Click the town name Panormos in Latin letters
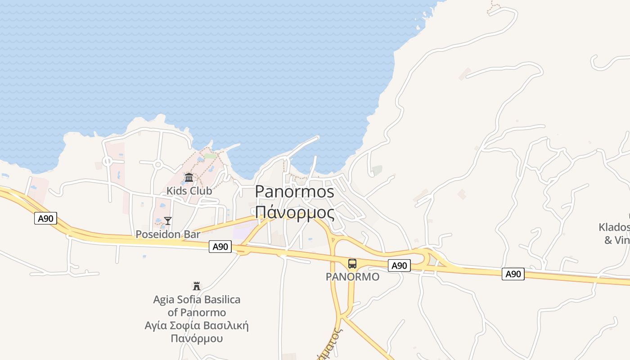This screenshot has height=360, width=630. (295, 192)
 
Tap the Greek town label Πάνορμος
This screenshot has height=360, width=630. (295, 212)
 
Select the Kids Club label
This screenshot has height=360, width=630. (189, 191)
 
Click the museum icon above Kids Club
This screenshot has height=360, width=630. (189, 178)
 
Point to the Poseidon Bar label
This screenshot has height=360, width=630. (168, 234)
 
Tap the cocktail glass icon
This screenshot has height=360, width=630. (168, 220)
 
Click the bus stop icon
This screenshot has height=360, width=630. (352, 264)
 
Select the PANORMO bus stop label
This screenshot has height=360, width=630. (352, 277)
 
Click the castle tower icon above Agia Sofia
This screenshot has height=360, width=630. (197, 286)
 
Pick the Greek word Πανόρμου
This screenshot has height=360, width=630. (197, 338)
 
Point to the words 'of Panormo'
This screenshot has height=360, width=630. (197, 312)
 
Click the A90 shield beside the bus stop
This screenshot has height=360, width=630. (399, 265)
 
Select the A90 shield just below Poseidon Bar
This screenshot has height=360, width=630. (220, 247)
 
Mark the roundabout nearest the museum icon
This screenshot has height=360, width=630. (157, 165)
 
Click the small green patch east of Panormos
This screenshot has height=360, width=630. (377, 170)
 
